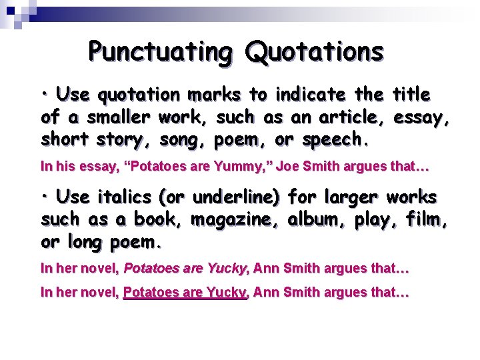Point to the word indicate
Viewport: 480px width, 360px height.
313,95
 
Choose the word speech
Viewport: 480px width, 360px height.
335,140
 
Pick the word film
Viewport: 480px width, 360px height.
427,219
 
